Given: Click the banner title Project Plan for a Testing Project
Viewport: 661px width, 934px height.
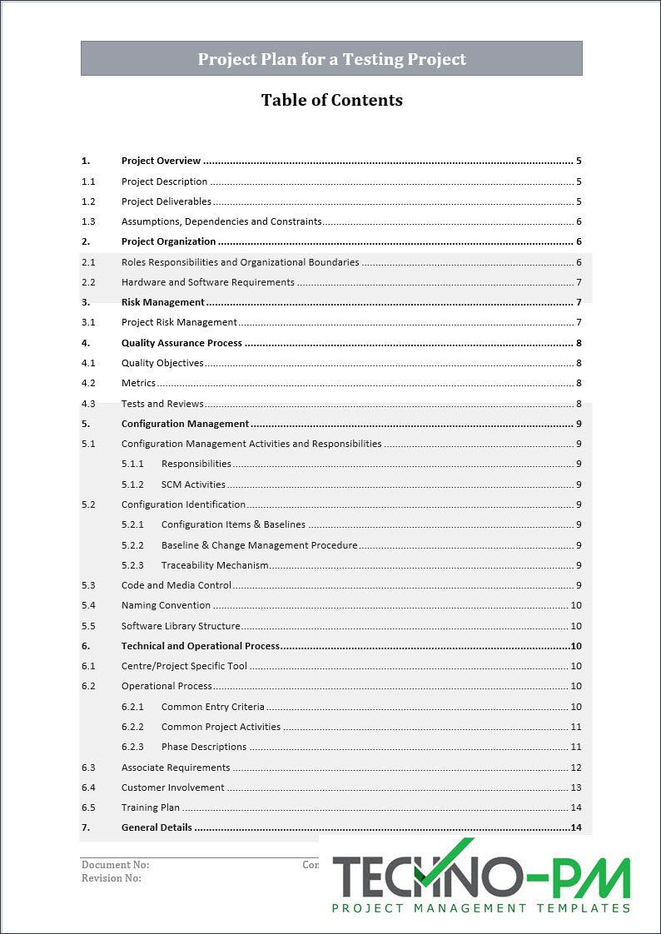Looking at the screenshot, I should point(331,59).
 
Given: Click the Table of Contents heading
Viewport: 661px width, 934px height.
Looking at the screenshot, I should point(331,100).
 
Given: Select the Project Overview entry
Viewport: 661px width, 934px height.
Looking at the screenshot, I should point(161,161).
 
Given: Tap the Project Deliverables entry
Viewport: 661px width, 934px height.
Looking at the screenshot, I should point(166,201).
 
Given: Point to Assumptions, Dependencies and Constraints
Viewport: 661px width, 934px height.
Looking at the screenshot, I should point(221,221).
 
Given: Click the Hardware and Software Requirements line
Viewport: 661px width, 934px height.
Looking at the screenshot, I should point(208,282).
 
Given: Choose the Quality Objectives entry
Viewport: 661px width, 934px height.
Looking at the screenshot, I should point(162,363).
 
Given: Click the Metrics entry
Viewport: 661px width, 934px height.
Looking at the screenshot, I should point(138,383).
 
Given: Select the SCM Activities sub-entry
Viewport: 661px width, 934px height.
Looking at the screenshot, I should point(193,484).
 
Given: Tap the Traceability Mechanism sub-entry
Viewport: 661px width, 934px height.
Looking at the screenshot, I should point(215,565).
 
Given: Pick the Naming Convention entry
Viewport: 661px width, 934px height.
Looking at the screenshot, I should point(166,605).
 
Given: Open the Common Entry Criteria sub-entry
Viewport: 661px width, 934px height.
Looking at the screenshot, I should point(213,707).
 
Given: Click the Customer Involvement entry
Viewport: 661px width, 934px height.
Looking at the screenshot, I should point(173,787).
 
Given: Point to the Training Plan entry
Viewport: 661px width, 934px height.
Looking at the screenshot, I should point(151,807).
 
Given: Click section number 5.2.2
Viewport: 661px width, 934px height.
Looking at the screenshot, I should point(132,545).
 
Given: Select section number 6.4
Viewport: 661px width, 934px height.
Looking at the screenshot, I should point(88,787).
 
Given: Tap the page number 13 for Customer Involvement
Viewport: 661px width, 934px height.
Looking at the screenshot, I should point(575,787).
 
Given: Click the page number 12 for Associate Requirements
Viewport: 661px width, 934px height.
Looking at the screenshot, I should point(575,768).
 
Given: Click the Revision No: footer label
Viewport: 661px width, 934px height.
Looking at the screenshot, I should point(112,877).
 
